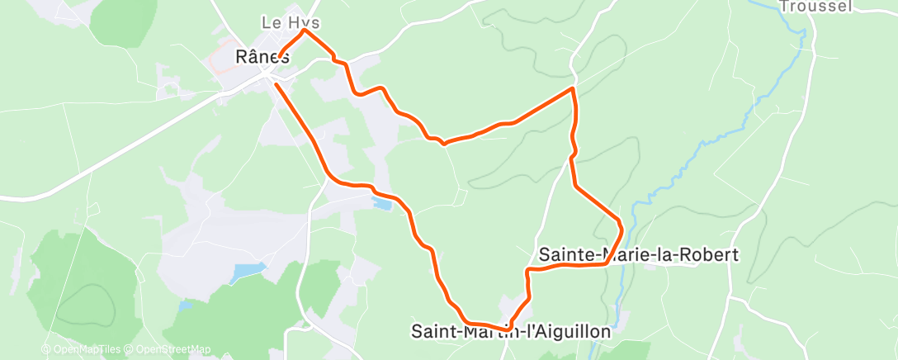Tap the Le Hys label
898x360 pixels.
(290, 22)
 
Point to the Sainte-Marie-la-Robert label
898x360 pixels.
(637, 254)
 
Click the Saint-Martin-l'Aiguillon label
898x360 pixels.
(511, 331)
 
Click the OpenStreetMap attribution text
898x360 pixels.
(169, 349)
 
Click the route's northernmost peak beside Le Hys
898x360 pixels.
(305, 31)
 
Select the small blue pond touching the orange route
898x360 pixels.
(381, 201)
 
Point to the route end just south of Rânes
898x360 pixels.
(276, 84)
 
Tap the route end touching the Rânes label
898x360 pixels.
(281, 56)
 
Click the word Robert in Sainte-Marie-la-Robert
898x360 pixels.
(709, 254)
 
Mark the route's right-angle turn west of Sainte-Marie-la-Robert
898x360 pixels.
(528, 271)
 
